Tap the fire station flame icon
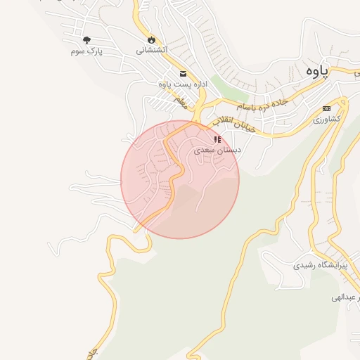click(150, 39)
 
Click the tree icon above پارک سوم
click(87, 40)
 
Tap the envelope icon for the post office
click(183, 74)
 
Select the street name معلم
click(181, 103)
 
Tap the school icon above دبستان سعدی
click(217, 139)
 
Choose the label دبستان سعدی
click(217, 150)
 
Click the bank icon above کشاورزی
click(326, 108)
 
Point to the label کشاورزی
click(326, 120)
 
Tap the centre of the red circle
click(180, 179)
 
